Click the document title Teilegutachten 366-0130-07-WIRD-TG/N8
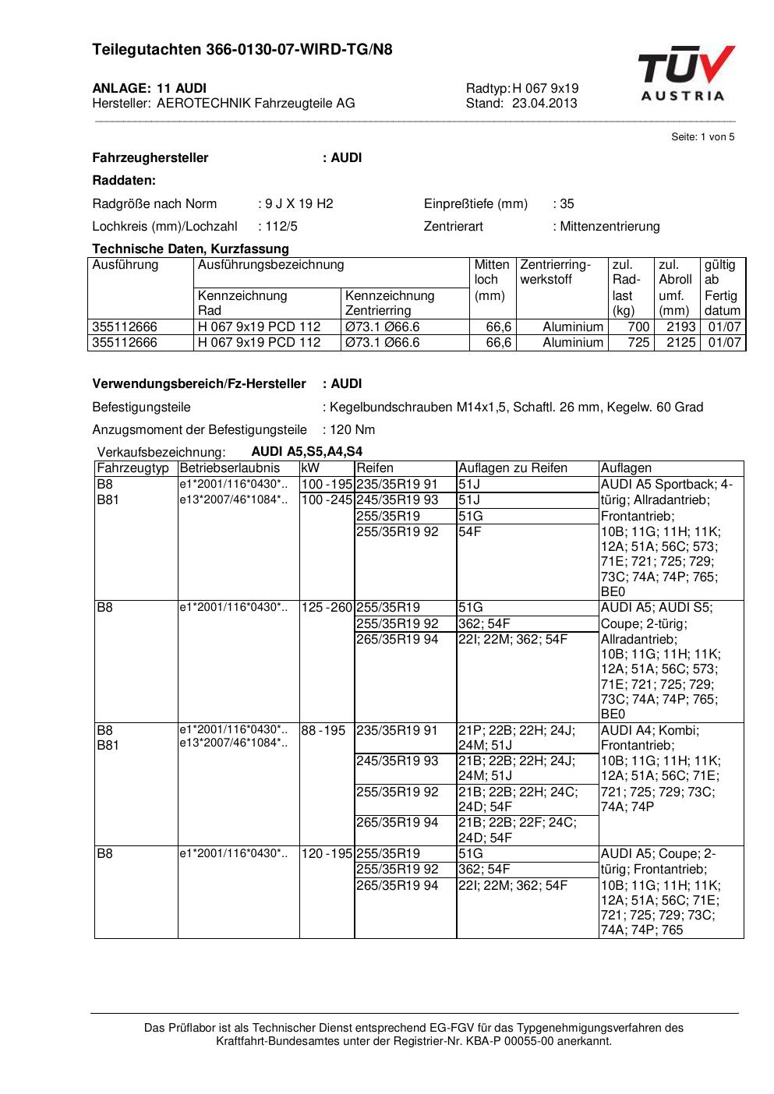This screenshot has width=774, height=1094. click(x=242, y=50)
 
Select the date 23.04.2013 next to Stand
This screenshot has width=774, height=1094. click(x=545, y=103)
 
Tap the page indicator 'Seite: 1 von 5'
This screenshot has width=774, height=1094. click(x=702, y=137)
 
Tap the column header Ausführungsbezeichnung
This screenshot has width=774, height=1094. click(x=270, y=265)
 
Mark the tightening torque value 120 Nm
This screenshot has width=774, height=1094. click(x=352, y=430)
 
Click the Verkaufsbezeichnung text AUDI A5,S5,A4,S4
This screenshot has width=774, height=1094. click(x=306, y=452)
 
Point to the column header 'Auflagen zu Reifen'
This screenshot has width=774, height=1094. click(x=512, y=468)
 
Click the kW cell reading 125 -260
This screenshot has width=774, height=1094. click(x=327, y=608)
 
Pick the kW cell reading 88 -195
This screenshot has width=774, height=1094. click(x=323, y=731)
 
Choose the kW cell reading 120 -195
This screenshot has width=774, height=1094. click(x=327, y=854)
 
